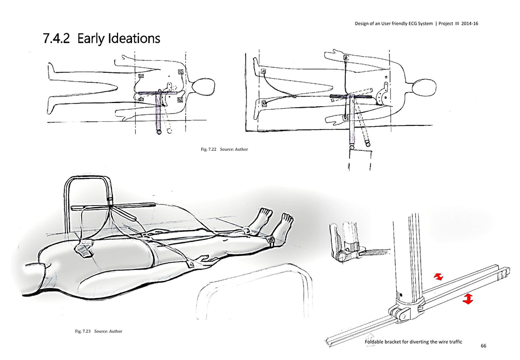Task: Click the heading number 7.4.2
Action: pyautogui.click(x=58, y=38)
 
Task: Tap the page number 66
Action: pyautogui.click(x=484, y=346)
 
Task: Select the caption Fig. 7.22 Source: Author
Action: pyautogui.click(x=224, y=150)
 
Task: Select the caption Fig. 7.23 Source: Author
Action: pyautogui.click(x=98, y=331)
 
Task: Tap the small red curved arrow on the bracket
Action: pyautogui.click(x=439, y=278)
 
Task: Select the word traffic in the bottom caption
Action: pyautogui.click(x=453, y=342)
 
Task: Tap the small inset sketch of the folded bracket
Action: pyautogui.click(x=348, y=245)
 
